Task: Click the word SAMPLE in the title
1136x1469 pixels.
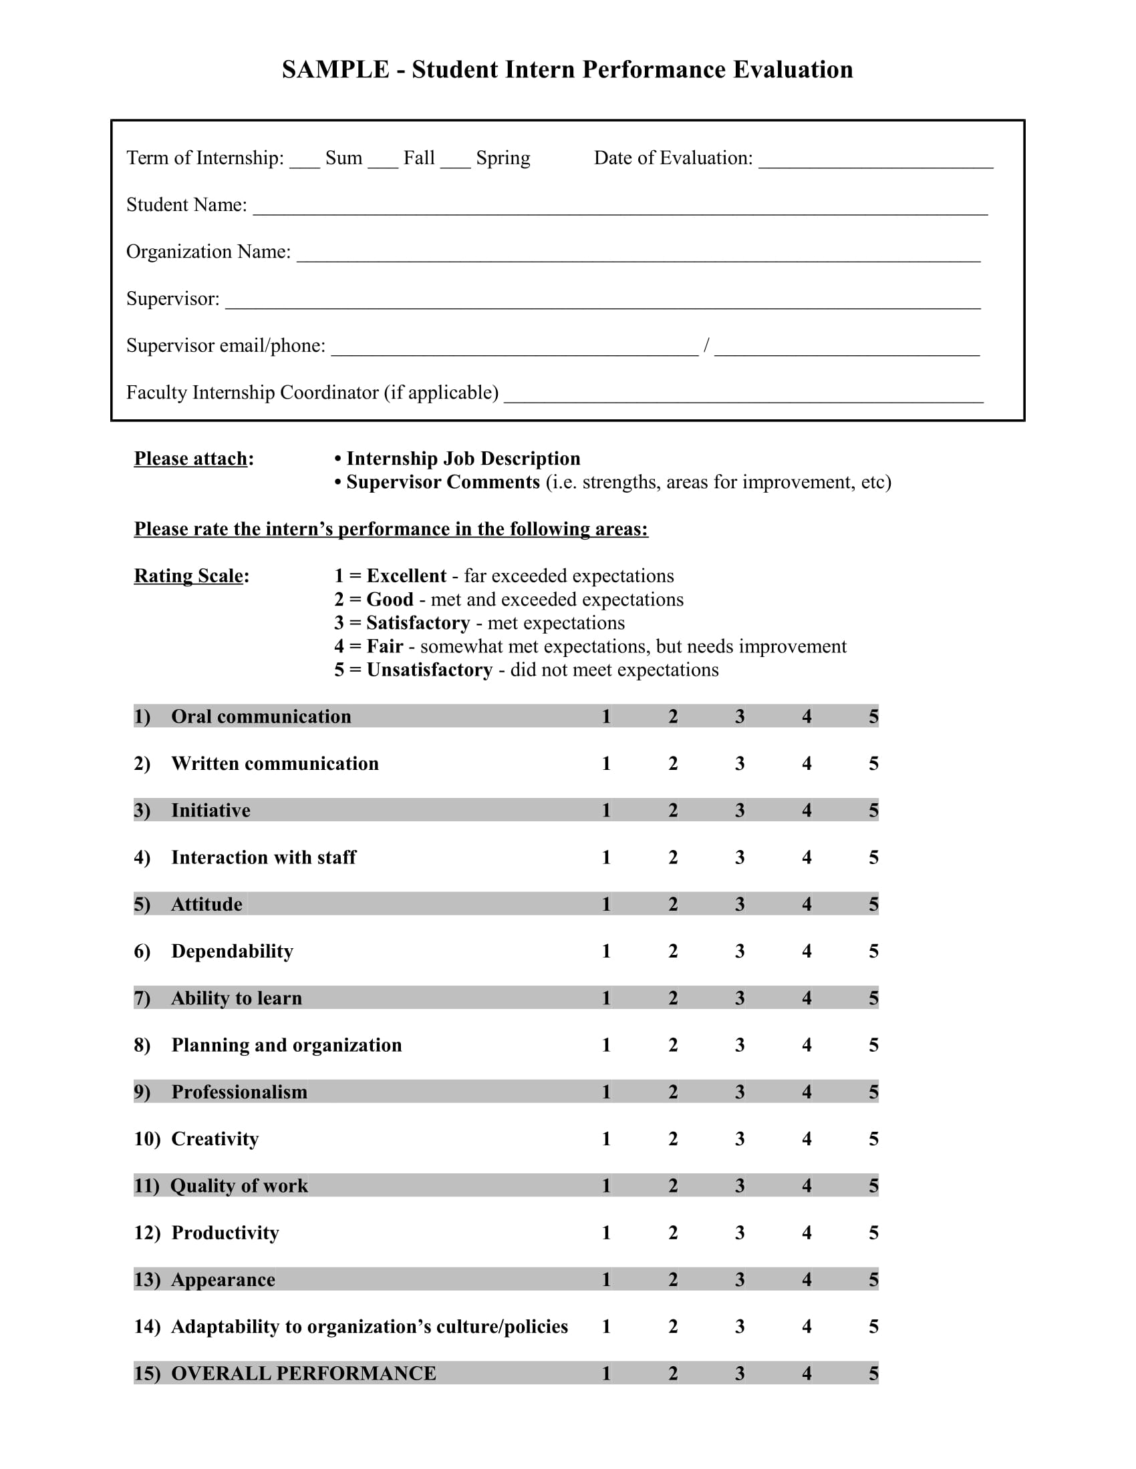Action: (335, 70)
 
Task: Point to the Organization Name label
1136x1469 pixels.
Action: (208, 252)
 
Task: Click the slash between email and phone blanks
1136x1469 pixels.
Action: (706, 345)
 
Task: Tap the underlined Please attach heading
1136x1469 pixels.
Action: (190, 459)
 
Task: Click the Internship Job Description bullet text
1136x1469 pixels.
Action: (463, 459)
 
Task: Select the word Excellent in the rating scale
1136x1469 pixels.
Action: (406, 576)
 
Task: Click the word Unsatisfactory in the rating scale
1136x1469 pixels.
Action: (430, 670)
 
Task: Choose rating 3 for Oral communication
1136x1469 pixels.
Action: (740, 716)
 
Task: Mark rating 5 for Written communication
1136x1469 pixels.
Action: (873, 763)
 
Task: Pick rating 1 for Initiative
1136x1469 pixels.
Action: (606, 811)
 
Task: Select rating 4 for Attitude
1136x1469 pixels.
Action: (807, 904)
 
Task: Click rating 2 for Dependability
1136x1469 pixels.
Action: (673, 951)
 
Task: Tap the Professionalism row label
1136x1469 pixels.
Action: (239, 1092)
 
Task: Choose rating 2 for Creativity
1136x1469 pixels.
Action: (673, 1138)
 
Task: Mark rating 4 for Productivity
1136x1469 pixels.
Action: (807, 1232)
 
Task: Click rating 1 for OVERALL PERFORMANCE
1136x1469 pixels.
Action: (606, 1374)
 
